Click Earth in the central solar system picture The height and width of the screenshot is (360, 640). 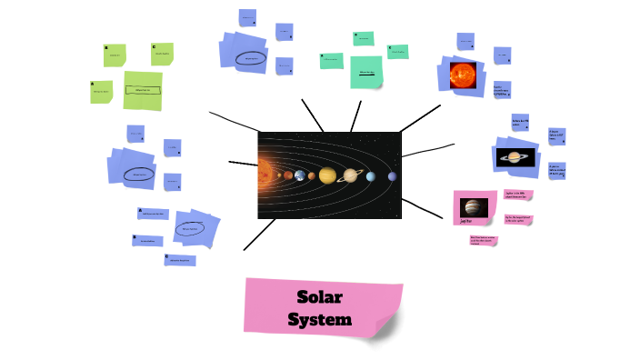(x=299, y=175)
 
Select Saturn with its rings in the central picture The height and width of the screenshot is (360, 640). (x=350, y=175)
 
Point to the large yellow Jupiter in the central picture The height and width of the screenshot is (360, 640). (x=327, y=175)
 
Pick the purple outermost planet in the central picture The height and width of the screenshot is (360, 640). (x=393, y=175)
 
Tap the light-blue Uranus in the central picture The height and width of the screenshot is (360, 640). (x=371, y=175)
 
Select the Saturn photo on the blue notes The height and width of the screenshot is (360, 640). (x=520, y=157)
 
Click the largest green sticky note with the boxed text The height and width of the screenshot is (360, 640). (x=143, y=90)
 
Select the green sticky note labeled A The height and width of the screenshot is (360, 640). (x=102, y=92)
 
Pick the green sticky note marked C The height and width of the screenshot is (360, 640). (x=163, y=54)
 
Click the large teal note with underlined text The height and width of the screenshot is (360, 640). (x=366, y=72)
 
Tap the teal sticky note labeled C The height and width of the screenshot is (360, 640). (x=397, y=52)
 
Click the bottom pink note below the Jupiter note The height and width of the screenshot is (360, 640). (x=484, y=240)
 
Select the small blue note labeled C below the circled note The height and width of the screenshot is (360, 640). (x=180, y=260)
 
